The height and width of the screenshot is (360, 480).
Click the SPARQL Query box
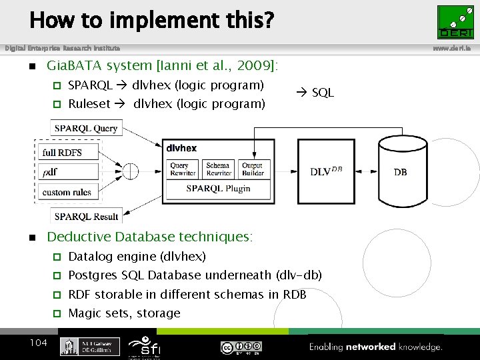tap(86, 128)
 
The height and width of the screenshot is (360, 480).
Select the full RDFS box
tap(62, 153)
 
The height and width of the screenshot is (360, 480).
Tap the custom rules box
tap(66, 192)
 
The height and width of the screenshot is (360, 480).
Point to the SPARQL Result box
tap(86, 216)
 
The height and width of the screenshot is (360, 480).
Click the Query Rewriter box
tap(183, 169)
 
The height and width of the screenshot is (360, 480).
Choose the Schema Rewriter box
tap(218, 169)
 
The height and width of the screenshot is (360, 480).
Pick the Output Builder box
tap(253, 169)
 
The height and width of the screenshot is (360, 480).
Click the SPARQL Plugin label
tap(218, 189)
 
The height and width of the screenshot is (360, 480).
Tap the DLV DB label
tap(326, 171)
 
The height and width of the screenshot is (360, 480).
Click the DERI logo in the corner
tap(455, 22)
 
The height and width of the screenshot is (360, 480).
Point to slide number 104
tap(38, 343)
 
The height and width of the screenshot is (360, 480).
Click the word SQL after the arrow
tap(323, 93)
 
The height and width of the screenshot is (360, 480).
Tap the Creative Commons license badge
tap(241, 347)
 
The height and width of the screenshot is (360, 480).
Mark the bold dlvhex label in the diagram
tap(181, 148)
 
